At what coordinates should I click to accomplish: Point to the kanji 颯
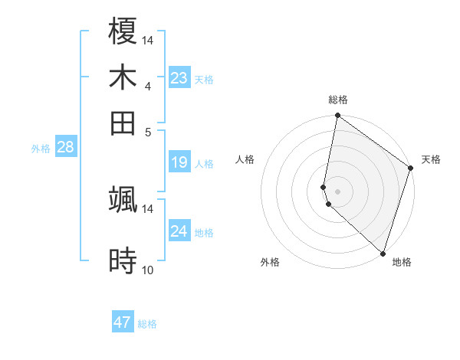click(x=123, y=199)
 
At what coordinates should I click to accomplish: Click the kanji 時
click(x=123, y=261)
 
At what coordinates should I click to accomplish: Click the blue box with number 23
click(x=179, y=78)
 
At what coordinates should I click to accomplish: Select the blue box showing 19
click(x=179, y=162)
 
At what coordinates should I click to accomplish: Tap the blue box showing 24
click(x=179, y=231)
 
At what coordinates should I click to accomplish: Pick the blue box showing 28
click(x=65, y=148)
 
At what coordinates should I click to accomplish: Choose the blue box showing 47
click(x=123, y=322)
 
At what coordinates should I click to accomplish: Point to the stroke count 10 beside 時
click(x=148, y=270)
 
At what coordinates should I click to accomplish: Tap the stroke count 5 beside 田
click(x=148, y=131)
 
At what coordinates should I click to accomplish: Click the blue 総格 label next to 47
click(x=147, y=324)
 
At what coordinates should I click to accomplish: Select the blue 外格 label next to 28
click(x=41, y=149)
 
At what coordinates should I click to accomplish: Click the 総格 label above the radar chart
click(x=338, y=100)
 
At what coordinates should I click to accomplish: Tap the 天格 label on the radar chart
click(x=431, y=159)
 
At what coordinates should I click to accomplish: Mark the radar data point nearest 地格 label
click(x=383, y=253)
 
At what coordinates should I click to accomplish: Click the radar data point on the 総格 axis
click(x=337, y=116)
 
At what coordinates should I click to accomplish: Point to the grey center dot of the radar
click(x=337, y=190)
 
